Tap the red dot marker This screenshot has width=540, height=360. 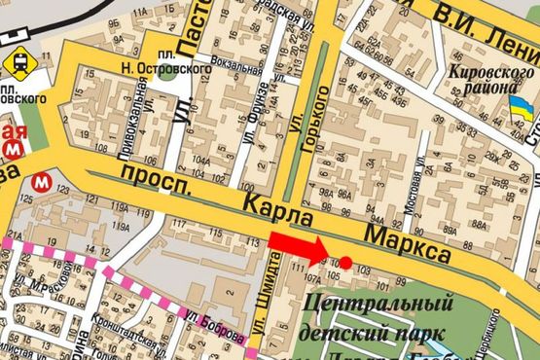click(345, 262)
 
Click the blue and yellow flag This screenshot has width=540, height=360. click(522, 113)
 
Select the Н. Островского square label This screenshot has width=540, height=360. click(153, 68)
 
